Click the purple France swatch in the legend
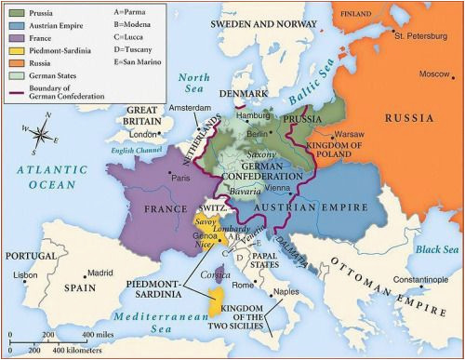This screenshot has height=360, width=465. point(17,40)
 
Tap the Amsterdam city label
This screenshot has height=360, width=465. point(192,108)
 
